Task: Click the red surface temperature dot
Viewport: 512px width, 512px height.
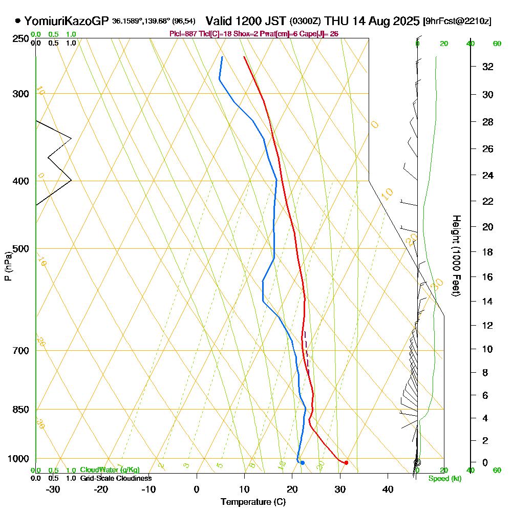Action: (x=347, y=463)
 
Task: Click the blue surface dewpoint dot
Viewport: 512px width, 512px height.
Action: (x=303, y=463)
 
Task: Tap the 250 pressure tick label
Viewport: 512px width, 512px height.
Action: (x=20, y=38)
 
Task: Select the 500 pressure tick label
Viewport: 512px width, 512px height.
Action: (x=20, y=249)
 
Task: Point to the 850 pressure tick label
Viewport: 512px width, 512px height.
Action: (x=20, y=410)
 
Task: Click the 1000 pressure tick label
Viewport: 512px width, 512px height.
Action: (x=18, y=459)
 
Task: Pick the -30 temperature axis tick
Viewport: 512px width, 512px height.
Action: (x=53, y=489)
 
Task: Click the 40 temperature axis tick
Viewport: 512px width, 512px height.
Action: (x=388, y=489)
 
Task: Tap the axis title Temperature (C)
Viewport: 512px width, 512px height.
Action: (x=253, y=502)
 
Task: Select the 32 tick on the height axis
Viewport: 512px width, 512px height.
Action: (x=487, y=67)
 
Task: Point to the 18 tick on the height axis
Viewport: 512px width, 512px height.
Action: (x=487, y=252)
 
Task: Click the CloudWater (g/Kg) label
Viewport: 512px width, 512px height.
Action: (x=110, y=470)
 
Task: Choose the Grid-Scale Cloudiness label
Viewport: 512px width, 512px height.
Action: (x=116, y=478)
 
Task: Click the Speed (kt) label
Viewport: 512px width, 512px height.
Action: (x=443, y=479)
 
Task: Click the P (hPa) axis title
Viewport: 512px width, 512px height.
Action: (x=8, y=266)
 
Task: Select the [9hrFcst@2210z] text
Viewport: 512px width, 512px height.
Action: (x=457, y=22)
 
